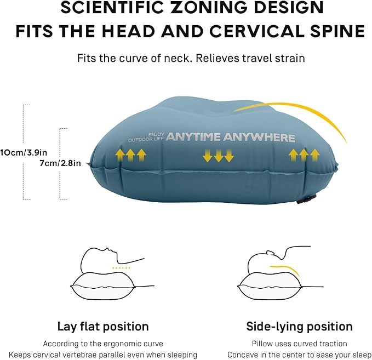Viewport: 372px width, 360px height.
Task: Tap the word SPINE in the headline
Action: pos(333,30)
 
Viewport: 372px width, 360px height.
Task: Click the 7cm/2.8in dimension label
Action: pos(61,163)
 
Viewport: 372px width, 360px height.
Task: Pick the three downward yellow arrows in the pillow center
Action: pos(218,156)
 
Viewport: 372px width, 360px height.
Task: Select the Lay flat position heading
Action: pos(103,327)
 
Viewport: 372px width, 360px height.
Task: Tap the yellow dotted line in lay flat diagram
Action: pos(121,268)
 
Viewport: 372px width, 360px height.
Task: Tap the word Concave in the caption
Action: pos(243,355)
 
